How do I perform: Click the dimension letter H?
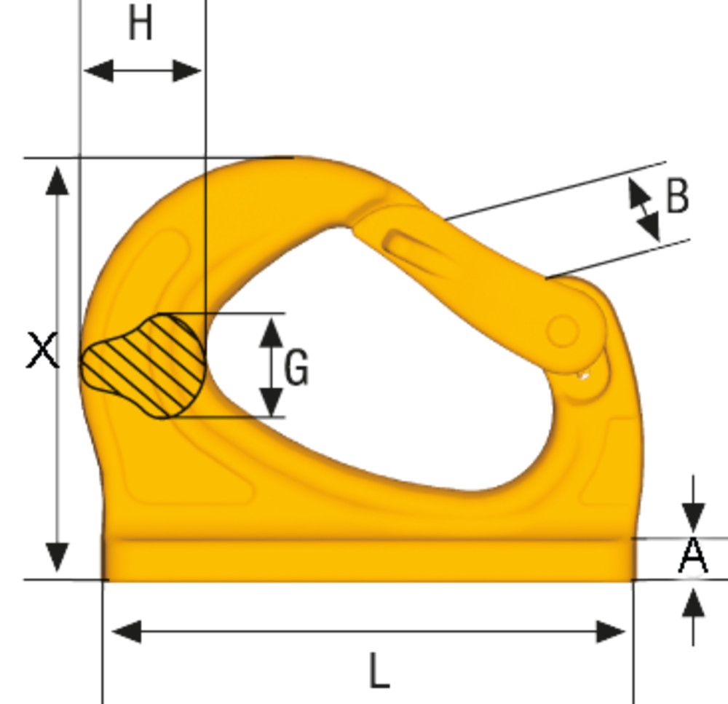(140, 25)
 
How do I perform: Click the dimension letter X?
(42, 350)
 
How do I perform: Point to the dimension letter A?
(693, 556)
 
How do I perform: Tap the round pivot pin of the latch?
(562, 331)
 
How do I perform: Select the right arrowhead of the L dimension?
(611, 632)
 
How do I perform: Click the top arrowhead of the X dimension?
(57, 179)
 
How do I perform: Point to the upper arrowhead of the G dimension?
(272, 331)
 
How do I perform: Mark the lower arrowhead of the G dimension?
(272, 401)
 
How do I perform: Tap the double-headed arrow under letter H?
(142, 71)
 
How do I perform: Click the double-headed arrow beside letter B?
(644, 210)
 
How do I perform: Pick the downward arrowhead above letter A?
(693, 518)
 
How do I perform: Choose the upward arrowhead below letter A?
(693, 604)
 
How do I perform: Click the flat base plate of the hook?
(368, 560)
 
